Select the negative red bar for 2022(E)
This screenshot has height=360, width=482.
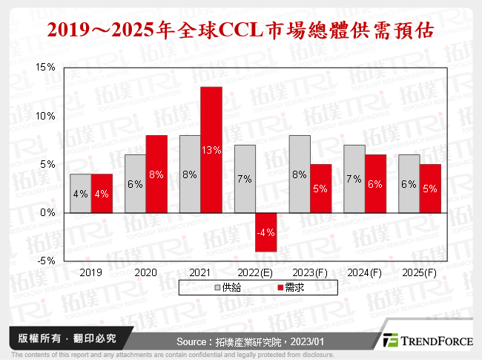tap(266, 232)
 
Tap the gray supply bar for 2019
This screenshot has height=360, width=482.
tap(81, 194)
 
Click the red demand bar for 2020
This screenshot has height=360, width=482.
tap(156, 174)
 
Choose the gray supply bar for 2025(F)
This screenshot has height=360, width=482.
tap(409, 184)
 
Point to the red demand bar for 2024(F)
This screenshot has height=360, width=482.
tap(376, 184)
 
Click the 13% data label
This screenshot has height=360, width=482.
tap(211, 151)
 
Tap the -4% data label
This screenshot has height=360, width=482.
tap(266, 232)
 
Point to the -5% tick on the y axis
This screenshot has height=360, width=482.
tap(45, 261)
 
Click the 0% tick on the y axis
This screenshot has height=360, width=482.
tap(47, 213)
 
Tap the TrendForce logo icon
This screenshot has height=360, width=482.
tap(390, 339)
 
